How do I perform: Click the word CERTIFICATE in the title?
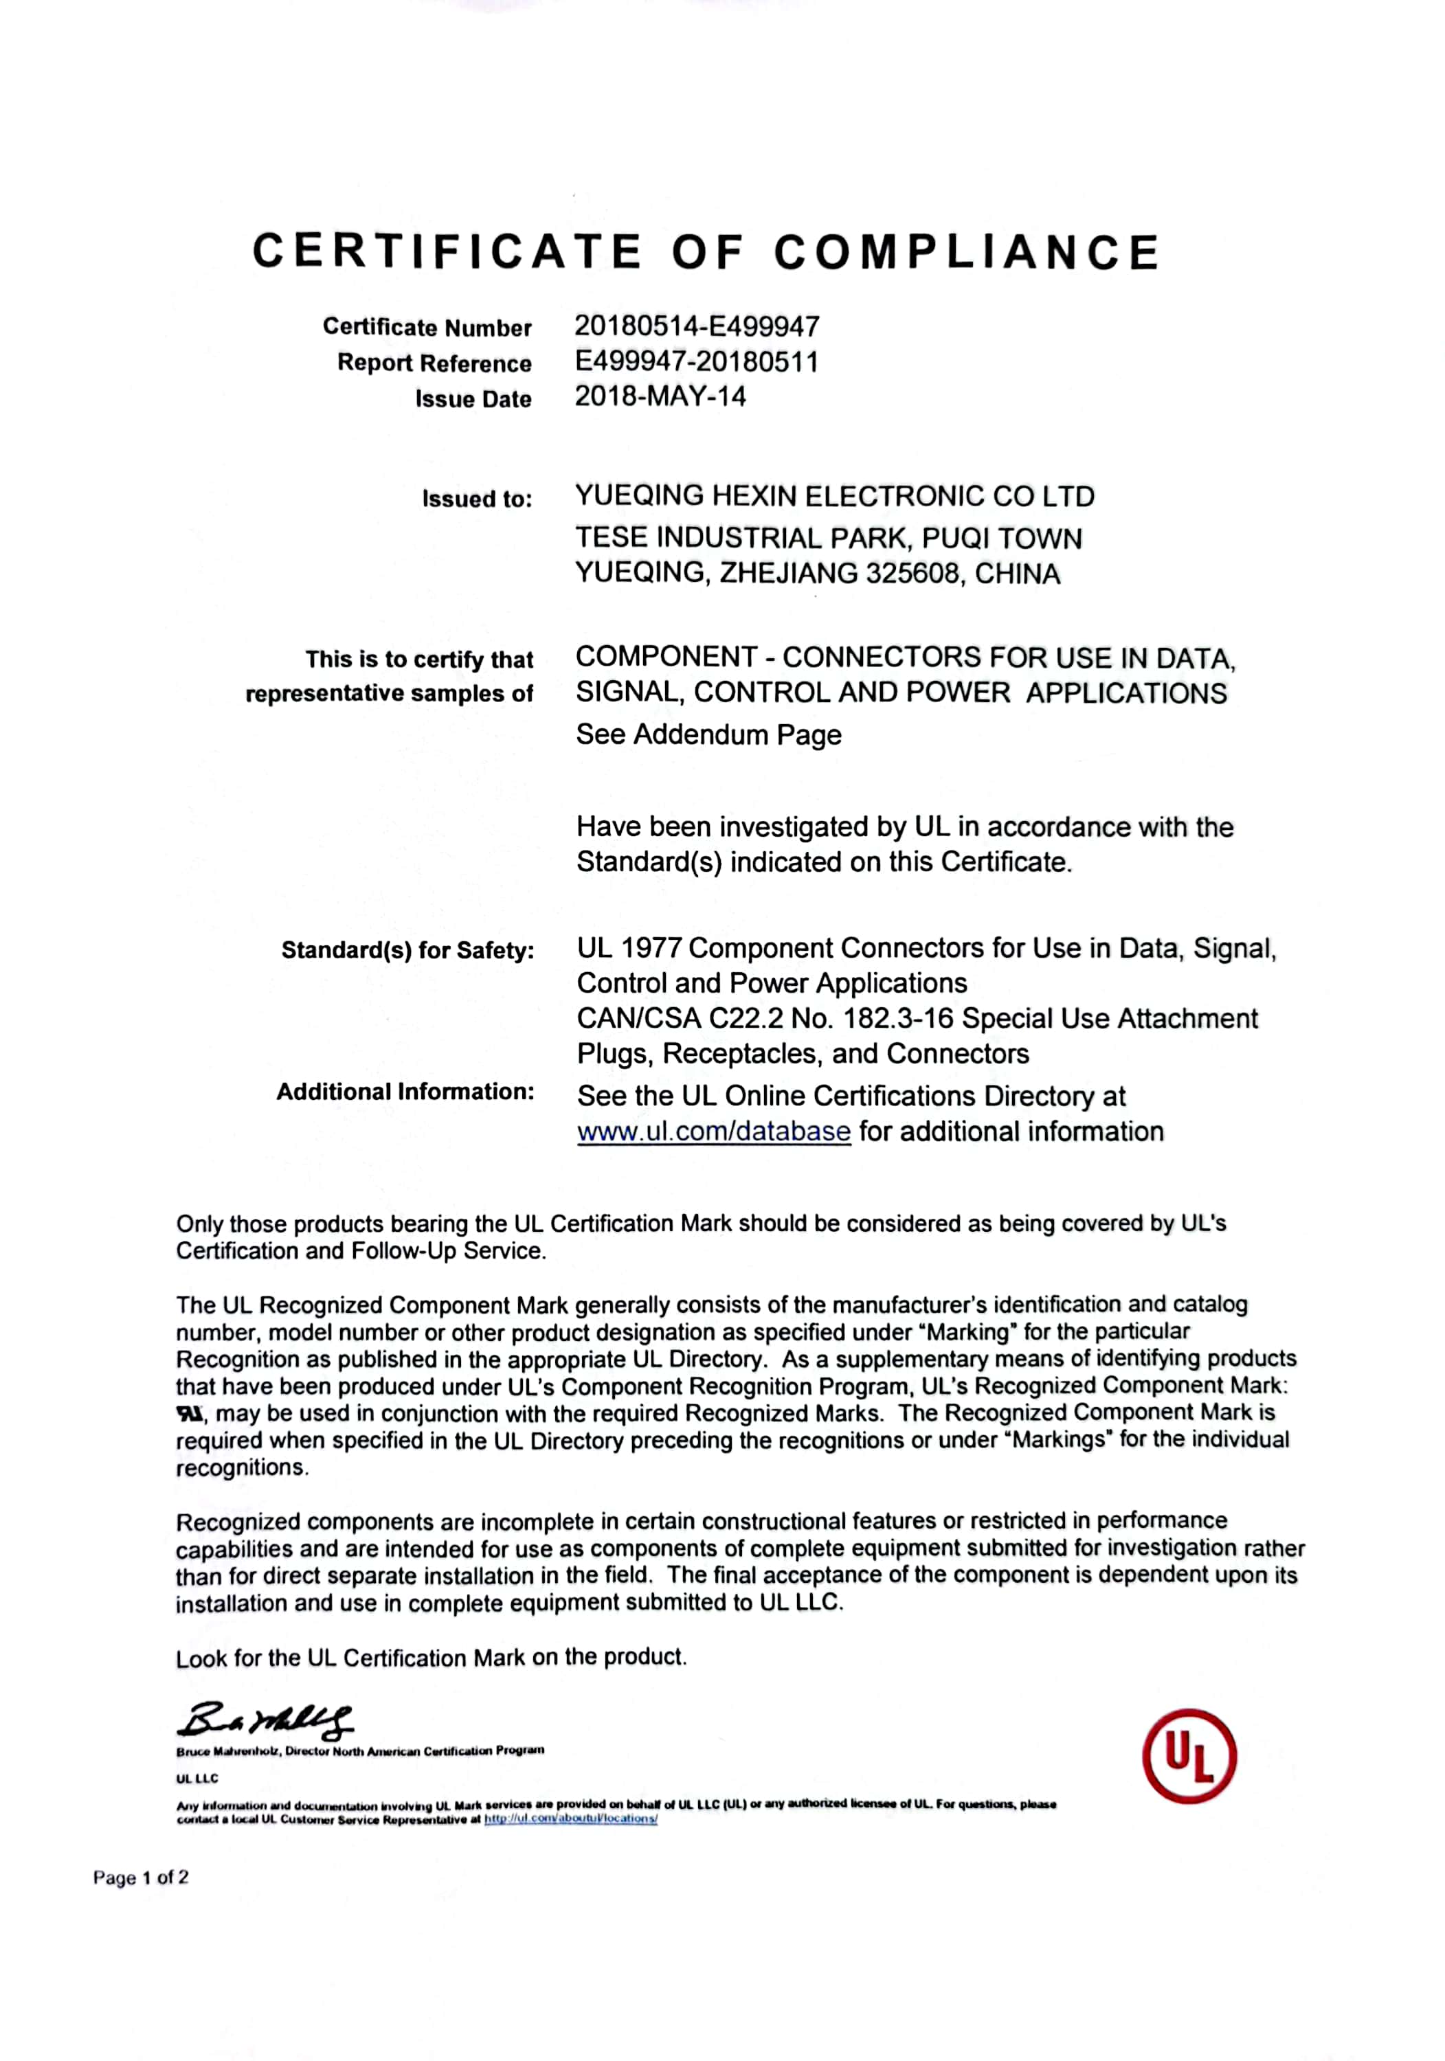pyautogui.click(x=447, y=251)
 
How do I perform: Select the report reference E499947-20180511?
pyautogui.click(x=697, y=362)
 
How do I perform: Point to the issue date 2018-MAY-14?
pyautogui.click(x=660, y=397)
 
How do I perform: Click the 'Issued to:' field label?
pyautogui.click(x=477, y=499)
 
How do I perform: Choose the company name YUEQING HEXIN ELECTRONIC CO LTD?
pyautogui.click(x=834, y=497)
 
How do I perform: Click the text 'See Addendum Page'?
pyautogui.click(x=708, y=734)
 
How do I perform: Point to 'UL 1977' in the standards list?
pyautogui.click(x=629, y=948)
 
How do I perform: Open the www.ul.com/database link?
pyautogui.click(x=713, y=1132)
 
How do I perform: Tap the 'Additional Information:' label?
pyautogui.click(x=405, y=1092)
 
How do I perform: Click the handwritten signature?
pyautogui.click(x=266, y=1719)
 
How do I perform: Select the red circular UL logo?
pyautogui.click(x=1188, y=1756)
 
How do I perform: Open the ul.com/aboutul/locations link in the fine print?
pyautogui.click(x=570, y=1818)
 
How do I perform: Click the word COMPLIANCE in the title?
pyautogui.click(x=967, y=251)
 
